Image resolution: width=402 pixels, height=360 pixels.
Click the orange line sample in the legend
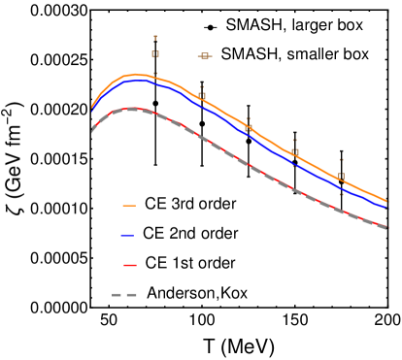pos(129,206)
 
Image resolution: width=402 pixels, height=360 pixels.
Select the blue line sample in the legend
pos(127,235)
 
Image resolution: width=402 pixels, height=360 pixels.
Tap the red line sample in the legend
pos(130,265)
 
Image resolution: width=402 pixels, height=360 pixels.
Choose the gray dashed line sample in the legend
pos(124,294)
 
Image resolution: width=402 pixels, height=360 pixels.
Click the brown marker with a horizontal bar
pos(205,56)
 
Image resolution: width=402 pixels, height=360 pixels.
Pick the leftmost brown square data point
pos(155,54)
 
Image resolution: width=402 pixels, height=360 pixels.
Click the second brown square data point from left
pos(202,96)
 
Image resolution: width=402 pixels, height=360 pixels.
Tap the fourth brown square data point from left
pos(295,152)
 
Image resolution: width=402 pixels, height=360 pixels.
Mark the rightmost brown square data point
pos(342,177)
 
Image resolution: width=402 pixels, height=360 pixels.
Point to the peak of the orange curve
pos(136,75)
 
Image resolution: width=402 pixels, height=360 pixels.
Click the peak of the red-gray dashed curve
pos(132,109)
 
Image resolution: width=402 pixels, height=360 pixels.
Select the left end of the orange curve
pos(91,107)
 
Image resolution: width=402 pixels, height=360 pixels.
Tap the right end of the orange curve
pos(386,202)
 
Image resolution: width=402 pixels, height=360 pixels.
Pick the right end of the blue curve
pos(386,208)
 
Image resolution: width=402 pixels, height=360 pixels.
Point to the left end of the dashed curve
pos(91,131)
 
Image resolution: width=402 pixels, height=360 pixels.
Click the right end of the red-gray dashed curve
pos(386,228)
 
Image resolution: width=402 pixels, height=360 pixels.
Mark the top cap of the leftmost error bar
pos(155,38)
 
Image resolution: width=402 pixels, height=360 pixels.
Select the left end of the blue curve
pos(91,113)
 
